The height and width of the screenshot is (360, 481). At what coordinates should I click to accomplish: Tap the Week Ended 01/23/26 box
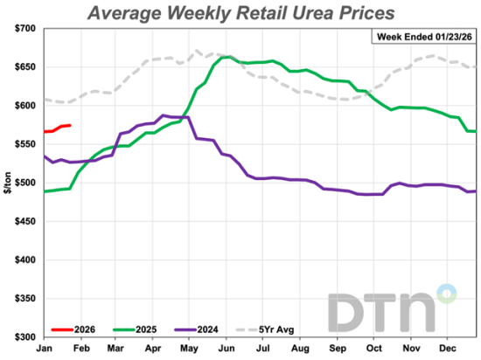pos(423,37)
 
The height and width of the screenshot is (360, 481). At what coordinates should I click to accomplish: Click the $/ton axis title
pos(8,183)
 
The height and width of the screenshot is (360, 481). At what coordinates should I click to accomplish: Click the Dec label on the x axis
pos(447,348)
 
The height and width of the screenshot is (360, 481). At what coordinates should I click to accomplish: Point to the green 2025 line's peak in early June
pos(227,57)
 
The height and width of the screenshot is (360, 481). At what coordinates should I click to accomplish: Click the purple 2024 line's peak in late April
pos(164,115)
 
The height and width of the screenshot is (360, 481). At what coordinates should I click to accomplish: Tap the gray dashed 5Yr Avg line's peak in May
pos(197,51)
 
